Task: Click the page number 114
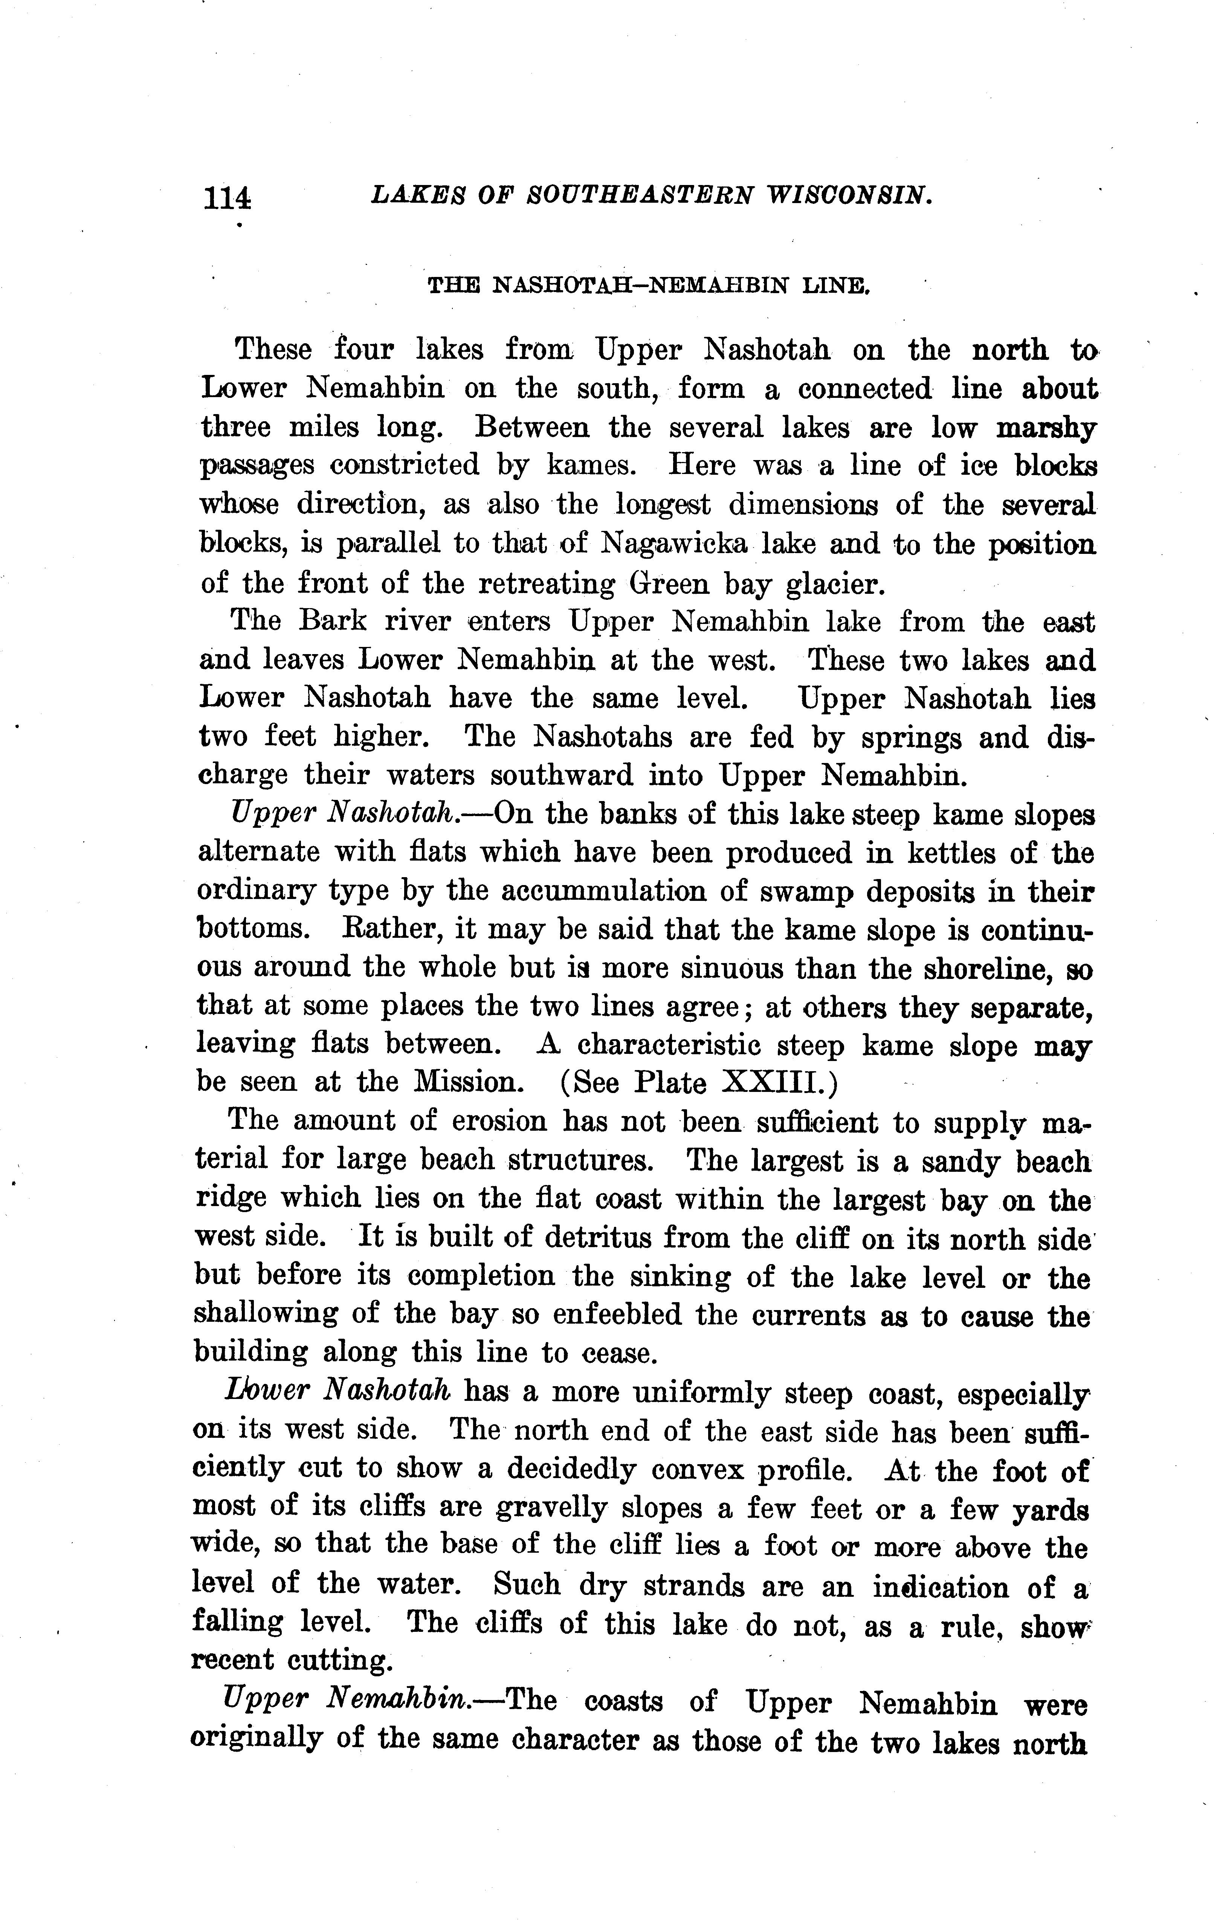click(x=228, y=196)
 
